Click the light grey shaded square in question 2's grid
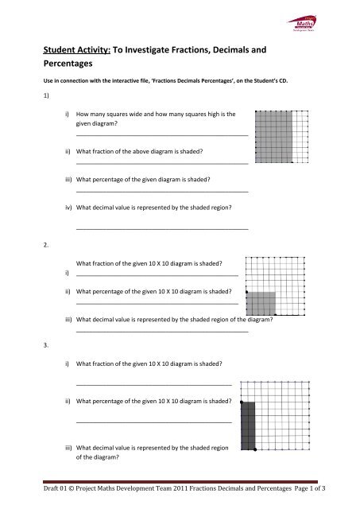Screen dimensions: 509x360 [261, 305]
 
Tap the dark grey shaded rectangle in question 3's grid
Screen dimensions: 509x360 [248, 425]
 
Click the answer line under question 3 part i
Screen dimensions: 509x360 [153, 384]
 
